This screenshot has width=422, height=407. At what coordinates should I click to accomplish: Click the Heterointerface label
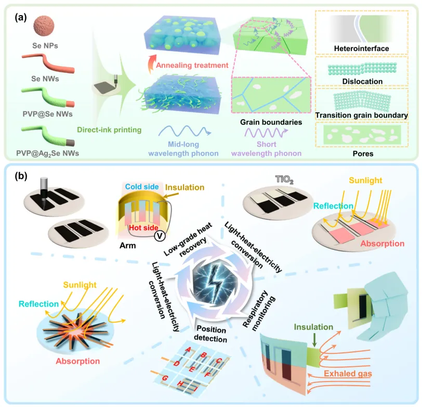(362, 50)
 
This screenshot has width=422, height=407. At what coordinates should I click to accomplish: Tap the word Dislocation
(362, 82)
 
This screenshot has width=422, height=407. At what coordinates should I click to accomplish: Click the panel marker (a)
(22, 18)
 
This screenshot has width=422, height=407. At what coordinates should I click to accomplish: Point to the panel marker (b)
(22, 177)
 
